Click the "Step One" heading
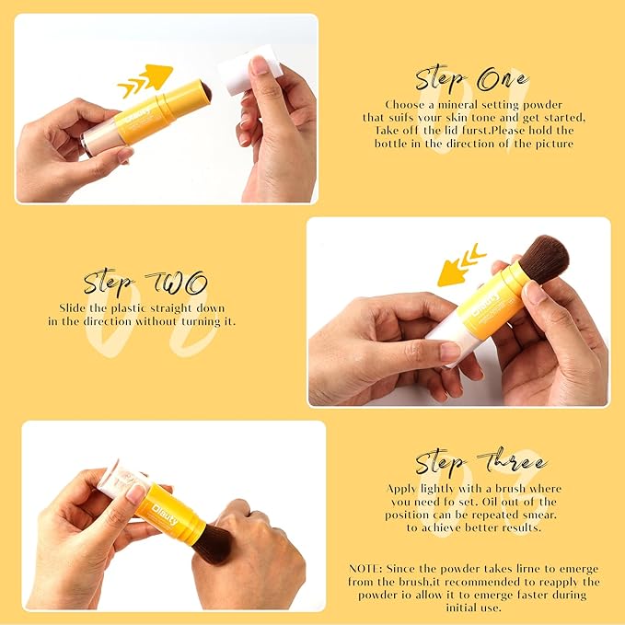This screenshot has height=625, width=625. click(471, 78)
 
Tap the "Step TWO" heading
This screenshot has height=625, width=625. click(145, 282)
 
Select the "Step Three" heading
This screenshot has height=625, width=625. click(480, 462)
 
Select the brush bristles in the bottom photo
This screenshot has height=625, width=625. click(214, 544)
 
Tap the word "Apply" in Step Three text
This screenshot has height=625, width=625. click(406, 488)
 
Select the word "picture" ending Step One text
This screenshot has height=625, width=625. click(550, 144)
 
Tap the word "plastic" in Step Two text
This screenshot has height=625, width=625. click(134, 307)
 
